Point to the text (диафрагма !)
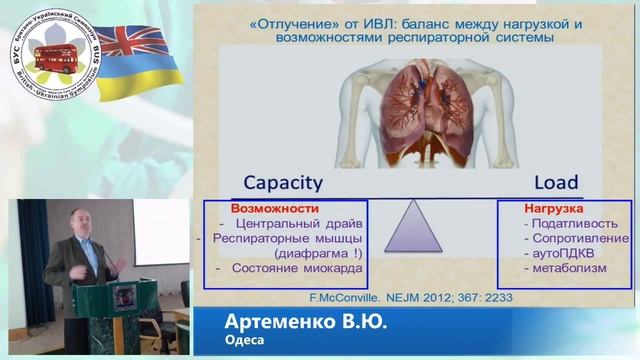[x=318, y=254]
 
